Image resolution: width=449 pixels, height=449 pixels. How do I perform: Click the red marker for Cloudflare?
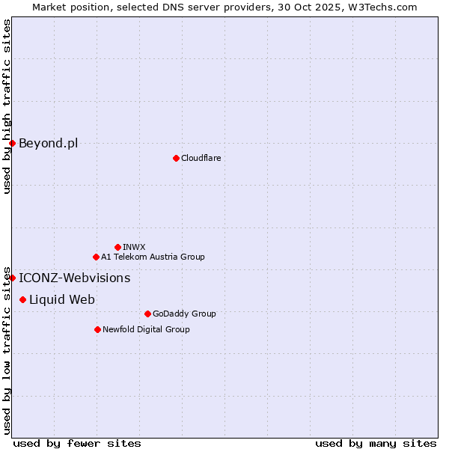click(x=176, y=158)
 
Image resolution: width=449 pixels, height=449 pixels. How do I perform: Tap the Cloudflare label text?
click(x=201, y=158)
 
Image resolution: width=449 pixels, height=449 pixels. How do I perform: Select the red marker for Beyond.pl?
click(x=12, y=143)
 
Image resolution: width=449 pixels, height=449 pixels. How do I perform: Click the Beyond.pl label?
click(x=48, y=143)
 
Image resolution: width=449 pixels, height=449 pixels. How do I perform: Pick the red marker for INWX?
click(x=117, y=247)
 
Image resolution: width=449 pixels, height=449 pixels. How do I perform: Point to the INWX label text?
click(x=134, y=247)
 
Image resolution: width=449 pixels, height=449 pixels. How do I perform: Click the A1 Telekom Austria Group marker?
click(x=96, y=257)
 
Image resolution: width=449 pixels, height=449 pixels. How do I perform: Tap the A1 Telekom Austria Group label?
click(x=153, y=257)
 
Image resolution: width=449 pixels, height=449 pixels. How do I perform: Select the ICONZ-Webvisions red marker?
click(x=12, y=278)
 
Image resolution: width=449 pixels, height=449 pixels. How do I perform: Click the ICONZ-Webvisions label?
click(x=74, y=278)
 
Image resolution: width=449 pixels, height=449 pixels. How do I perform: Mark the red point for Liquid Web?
click(x=22, y=299)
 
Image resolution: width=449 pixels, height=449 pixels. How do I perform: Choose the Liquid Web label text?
click(x=61, y=299)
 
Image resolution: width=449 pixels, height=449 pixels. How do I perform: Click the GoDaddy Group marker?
click(x=147, y=314)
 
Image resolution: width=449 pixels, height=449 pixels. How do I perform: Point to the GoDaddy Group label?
click(x=183, y=314)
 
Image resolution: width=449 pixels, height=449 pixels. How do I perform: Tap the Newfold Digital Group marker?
click(x=97, y=329)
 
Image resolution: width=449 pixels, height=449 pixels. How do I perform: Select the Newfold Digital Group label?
click(x=146, y=329)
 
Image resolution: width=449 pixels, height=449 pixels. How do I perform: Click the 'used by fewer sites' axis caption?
click(x=77, y=443)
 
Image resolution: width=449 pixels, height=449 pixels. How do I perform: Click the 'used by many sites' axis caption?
click(x=376, y=443)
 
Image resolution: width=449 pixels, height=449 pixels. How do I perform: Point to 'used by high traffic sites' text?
click(x=7, y=106)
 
